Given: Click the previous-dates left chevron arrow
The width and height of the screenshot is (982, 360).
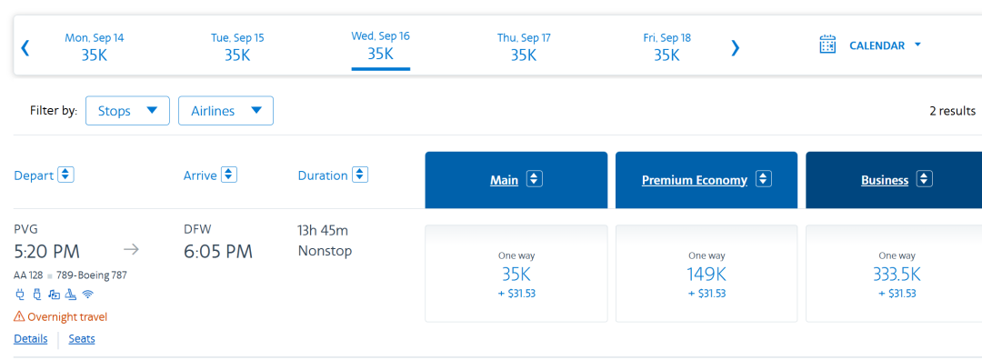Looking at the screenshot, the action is coord(25,47).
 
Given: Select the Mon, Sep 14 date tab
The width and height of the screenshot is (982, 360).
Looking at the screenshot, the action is coord(95,46).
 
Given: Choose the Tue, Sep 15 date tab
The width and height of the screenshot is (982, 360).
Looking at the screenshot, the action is coord(237,46).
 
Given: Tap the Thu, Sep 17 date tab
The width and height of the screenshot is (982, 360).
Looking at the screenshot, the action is coord(524,46).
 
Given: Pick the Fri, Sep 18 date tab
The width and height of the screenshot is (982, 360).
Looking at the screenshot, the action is coord(667,46).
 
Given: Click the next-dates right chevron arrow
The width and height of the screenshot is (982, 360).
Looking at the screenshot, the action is coord(736,47).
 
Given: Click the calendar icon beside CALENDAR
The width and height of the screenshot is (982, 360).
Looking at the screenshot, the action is coord(828,45).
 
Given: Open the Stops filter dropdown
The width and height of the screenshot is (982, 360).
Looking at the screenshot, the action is coord(127,111).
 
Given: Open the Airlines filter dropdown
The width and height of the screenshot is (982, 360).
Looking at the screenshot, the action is coord(225,111).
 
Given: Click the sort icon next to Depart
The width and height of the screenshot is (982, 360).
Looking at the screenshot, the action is coord(65,175).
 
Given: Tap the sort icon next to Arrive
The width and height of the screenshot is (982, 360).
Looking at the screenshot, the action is coord(229,175).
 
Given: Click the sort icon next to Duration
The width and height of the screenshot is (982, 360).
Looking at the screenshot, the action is coord(360,175).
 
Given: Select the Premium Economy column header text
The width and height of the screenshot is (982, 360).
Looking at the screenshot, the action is coord(695,180).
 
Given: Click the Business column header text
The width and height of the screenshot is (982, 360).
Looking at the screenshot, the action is coord(885,180).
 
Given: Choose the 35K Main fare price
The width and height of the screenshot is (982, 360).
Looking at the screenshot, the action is coord(516,275).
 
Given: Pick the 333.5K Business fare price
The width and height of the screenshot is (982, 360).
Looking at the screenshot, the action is coord(897,275).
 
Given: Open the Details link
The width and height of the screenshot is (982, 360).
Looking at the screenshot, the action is coord(31,339).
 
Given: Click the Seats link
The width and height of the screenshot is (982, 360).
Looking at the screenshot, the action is coord(82,339).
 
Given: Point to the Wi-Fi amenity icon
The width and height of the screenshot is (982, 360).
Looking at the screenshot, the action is coord(87,294).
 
